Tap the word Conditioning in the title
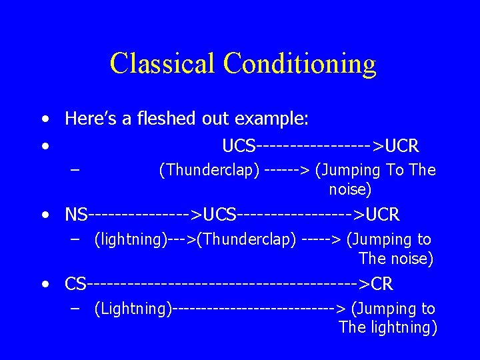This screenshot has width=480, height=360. [x=300, y=63]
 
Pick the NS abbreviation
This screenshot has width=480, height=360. [x=76, y=215]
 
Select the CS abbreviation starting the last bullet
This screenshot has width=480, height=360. [x=75, y=285]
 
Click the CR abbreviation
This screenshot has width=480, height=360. [x=382, y=285]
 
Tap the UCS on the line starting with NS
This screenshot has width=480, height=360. [x=219, y=215]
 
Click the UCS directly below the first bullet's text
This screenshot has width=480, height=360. [x=239, y=146]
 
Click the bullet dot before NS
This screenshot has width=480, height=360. [x=44, y=215]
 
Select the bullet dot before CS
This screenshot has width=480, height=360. [x=44, y=285]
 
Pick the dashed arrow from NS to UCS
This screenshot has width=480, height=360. [x=145, y=215]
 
